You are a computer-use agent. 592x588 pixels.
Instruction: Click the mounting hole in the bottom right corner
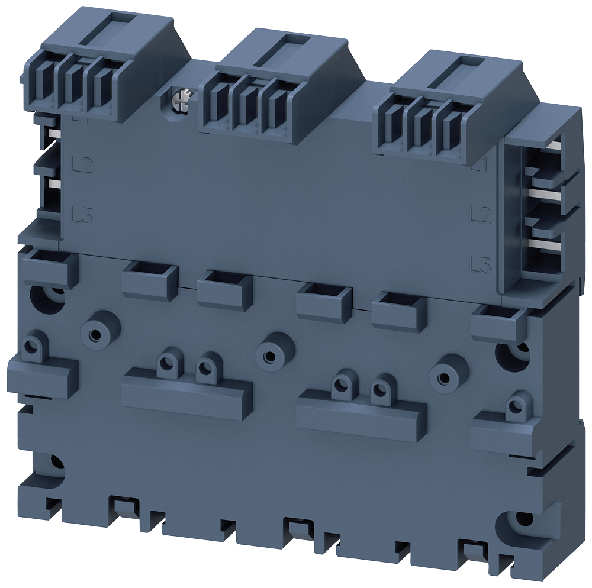pos(521,519)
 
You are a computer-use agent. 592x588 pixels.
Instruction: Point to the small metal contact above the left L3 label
pos(52,185)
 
